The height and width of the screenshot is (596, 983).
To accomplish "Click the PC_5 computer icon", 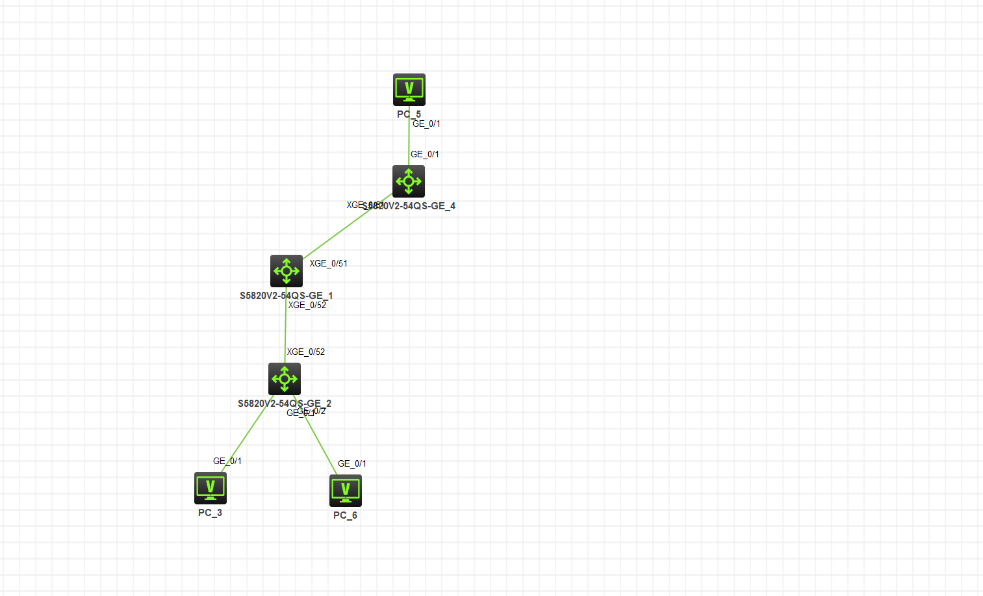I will click(409, 89).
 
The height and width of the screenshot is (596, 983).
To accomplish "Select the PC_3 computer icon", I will click(211, 487).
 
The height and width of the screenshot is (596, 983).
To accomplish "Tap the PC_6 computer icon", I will click(346, 490).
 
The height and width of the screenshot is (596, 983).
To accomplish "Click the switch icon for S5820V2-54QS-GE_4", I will click(409, 181).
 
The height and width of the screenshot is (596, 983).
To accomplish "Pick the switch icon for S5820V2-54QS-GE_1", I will click(287, 271).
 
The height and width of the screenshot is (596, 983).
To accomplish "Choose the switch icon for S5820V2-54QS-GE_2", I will click(285, 379).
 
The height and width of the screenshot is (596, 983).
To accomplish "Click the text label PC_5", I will click(409, 114).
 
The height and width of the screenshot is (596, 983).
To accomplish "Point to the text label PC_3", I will click(210, 513).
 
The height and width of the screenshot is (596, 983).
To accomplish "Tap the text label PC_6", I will click(345, 515).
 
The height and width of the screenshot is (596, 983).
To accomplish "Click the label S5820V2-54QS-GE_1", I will click(286, 296).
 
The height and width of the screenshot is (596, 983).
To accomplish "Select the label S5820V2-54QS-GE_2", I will click(284, 404).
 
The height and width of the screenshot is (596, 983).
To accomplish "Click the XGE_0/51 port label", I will click(328, 263).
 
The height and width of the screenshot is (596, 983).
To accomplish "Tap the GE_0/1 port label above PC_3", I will click(227, 461).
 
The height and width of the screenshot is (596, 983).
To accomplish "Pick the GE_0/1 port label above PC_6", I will click(352, 463).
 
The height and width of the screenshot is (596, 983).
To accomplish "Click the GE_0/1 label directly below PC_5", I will click(426, 123).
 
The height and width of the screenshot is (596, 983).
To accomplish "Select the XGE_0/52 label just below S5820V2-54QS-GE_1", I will click(307, 305).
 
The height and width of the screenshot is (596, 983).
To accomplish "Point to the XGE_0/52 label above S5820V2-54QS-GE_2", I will click(306, 352).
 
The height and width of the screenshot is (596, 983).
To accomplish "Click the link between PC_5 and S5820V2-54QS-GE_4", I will click(409, 140).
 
